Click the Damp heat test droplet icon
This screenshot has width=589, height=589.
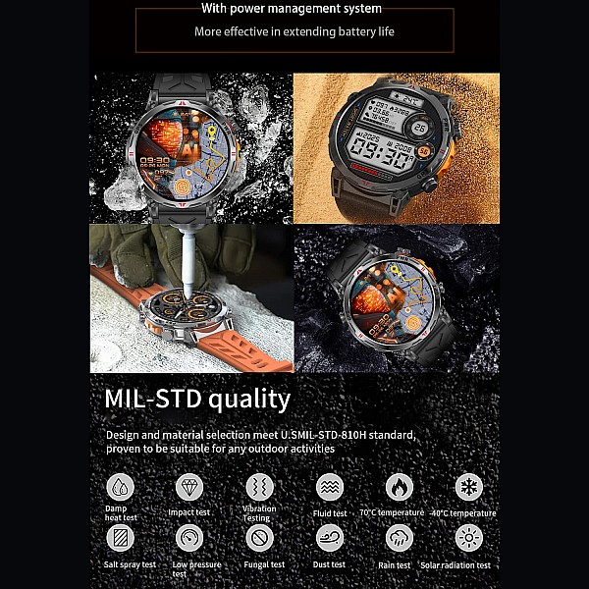click(120, 486)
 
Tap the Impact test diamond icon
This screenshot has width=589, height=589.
click(189, 486)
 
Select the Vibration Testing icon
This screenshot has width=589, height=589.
click(259, 486)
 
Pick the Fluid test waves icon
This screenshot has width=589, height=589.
click(330, 486)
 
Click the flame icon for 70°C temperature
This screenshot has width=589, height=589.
click(400, 486)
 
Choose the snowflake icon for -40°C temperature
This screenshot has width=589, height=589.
click(469, 486)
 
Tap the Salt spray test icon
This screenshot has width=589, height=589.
click(120, 537)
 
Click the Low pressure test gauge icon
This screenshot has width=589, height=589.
click(189, 537)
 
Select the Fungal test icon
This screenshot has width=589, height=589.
click(259, 537)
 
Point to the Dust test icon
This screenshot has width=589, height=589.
click(330, 537)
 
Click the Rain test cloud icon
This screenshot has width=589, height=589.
click(400, 537)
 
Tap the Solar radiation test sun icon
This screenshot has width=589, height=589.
click(469, 537)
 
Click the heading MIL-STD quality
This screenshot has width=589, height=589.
click(197, 399)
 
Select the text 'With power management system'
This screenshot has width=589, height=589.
click(291, 9)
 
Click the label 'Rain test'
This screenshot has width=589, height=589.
click(395, 564)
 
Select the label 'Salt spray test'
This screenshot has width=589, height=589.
click(130, 564)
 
